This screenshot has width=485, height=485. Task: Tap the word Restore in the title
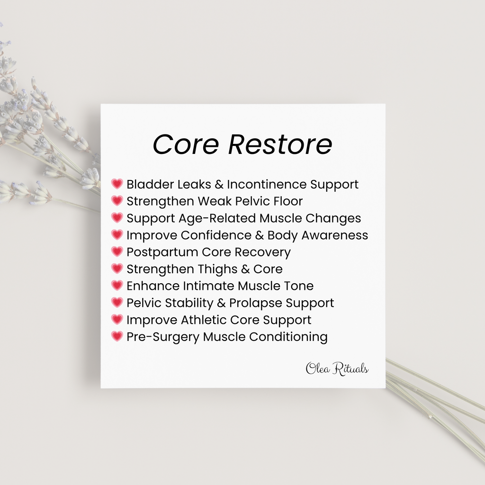pyautogui.click(x=280, y=144)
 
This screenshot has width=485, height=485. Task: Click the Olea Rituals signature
pyautogui.click(x=337, y=368)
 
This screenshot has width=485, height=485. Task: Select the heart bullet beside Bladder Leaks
pyautogui.click(x=117, y=184)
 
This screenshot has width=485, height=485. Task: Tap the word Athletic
pyautogui.click(x=204, y=320)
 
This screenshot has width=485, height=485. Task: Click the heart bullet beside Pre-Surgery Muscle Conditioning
pyautogui.click(x=117, y=336)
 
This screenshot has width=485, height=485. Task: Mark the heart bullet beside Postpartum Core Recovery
pyautogui.click(x=117, y=251)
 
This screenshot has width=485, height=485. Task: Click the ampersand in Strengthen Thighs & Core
pyautogui.click(x=245, y=269)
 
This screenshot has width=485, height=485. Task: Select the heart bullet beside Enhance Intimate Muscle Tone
pyautogui.click(x=117, y=286)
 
